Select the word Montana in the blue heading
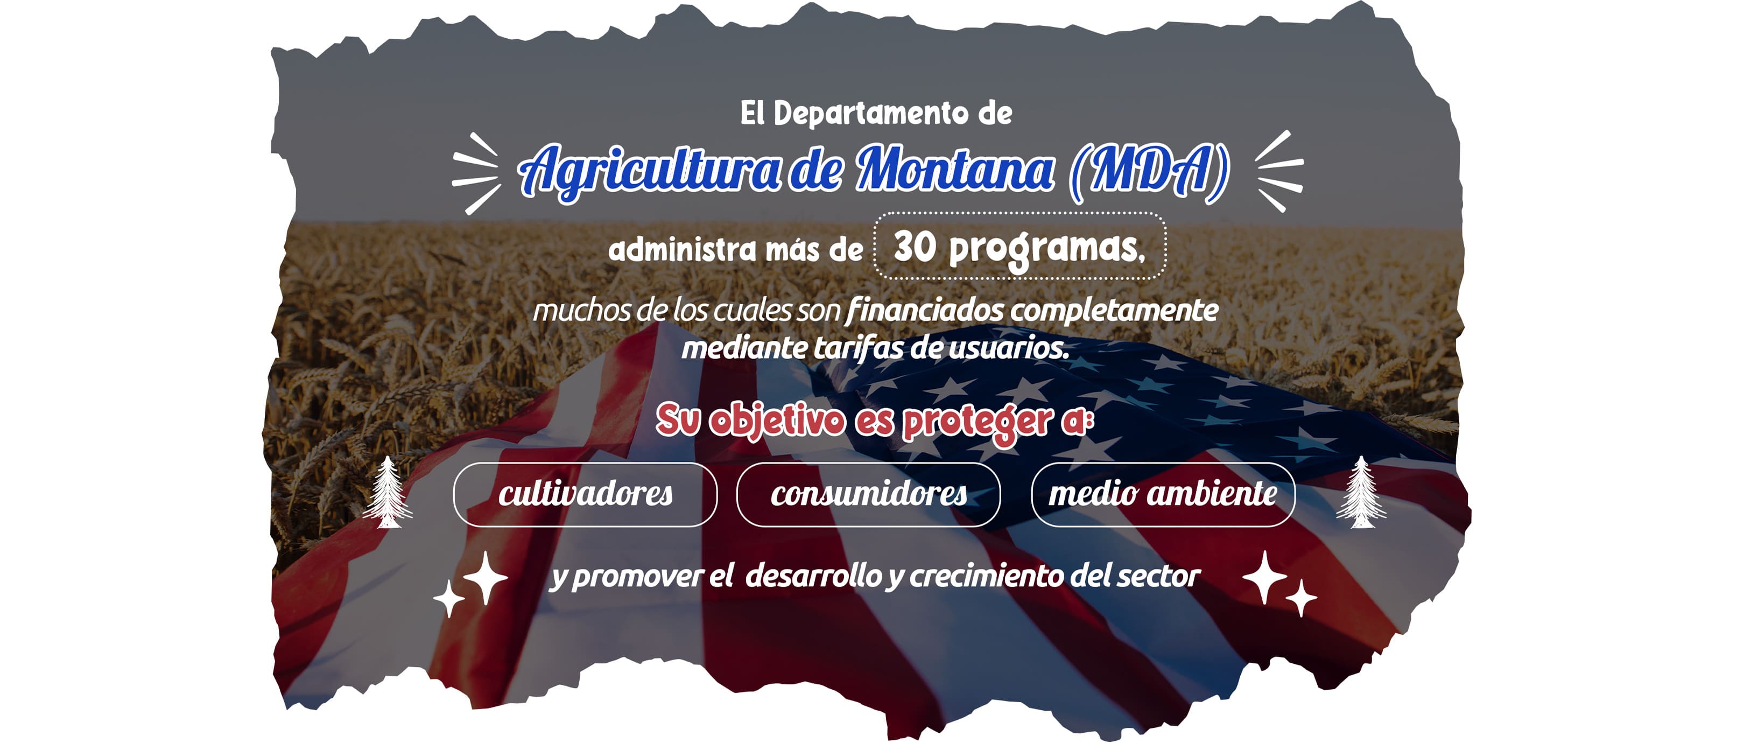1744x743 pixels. pos(954,169)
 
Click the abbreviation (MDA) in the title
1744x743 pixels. pos(1148,171)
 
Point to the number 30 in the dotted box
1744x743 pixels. pos(915,247)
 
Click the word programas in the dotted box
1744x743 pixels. pos(1046,250)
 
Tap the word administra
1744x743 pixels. pos(682,249)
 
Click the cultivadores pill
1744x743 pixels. pos(585,494)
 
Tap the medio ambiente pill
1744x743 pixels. pos(1163,494)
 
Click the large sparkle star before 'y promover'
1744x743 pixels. pos(486,577)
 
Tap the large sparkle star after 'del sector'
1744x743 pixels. pos(1265,577)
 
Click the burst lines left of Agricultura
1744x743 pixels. pos(476,173)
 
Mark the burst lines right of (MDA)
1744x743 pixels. pos(1279,171)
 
